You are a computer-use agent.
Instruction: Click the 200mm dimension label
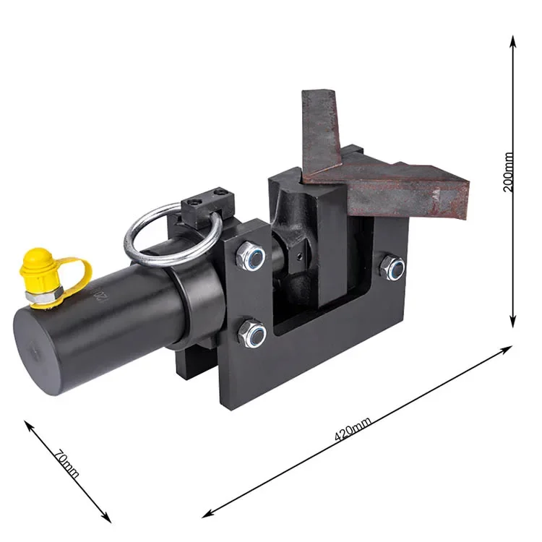(508, 172)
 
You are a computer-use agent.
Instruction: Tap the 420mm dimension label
(353, 429)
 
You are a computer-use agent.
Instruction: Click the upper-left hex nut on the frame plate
(251, 256)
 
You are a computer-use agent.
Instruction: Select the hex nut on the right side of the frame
(392, 267)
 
